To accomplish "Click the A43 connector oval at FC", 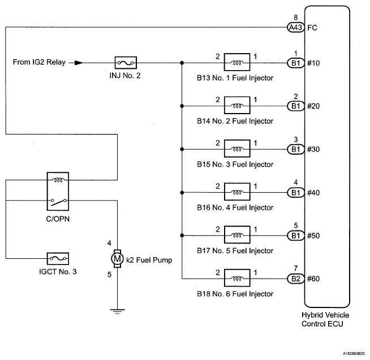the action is tap(296, 28).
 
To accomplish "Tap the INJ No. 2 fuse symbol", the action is tap(126, 63).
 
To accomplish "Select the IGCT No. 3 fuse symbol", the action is tap(58, 259).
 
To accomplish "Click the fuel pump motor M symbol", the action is tap(117, 259).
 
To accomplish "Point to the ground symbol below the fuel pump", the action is tap(117, 311).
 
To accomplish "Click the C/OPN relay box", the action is tap(58, 191).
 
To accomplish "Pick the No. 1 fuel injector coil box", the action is tap(237, 62).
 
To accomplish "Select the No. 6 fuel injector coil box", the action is tap(237, 278).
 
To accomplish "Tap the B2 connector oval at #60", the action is tap(296, 279).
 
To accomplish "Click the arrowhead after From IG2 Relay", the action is tap(79, 63).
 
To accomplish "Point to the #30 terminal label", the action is tap(313, 149).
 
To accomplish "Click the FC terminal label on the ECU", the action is tap(312, 28).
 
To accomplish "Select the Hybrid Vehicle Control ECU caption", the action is tap(325, 319).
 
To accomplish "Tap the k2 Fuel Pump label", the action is tap(149, 260).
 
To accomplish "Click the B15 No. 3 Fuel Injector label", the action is tap(235, 164).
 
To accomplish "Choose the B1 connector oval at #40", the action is tap(296, 193).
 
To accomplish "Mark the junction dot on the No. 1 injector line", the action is tap(182, 63).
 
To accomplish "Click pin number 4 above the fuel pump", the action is tap(109, 243).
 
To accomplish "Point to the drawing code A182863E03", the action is tap(354, 353).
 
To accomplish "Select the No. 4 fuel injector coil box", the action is tap(237, 192).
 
